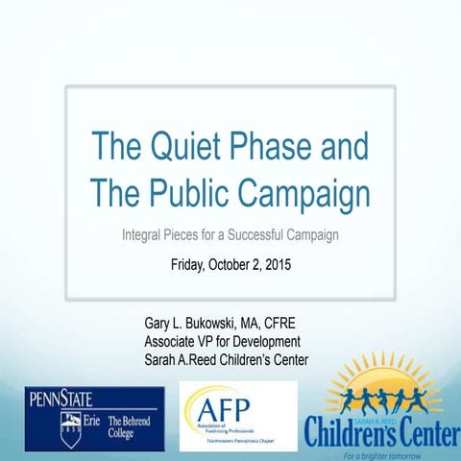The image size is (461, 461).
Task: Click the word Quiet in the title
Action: pyautogui.click(x=182, y=148)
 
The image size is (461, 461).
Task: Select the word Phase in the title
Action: pyautogui.click(x=268, y=148)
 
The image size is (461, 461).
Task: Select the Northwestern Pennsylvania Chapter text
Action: pyautogui.click(x=244, y=435)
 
